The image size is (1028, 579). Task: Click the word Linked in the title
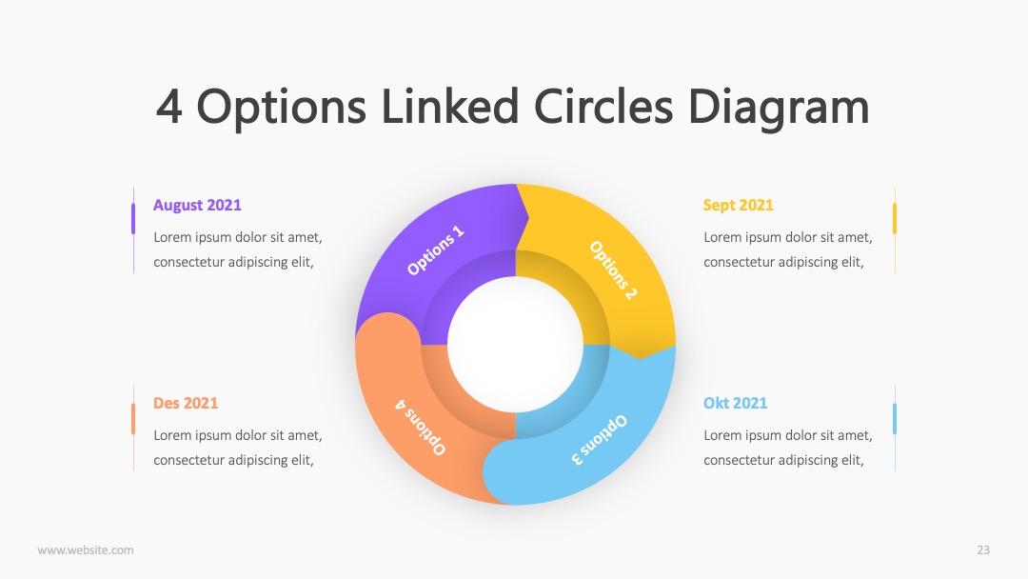pos(449,107)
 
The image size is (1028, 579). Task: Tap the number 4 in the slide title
pos(169,107)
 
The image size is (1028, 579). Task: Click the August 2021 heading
pos(197,206)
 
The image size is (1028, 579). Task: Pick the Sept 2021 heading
pos(739,206)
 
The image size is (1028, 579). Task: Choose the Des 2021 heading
pos(186,403)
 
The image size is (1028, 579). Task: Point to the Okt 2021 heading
pos(735,403)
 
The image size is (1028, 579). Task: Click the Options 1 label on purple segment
pos(436,250)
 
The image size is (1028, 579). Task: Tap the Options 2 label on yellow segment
pos(612,270)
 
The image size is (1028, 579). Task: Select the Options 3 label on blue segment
pos(600,440)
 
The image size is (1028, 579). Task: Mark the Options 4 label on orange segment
pos(421,427)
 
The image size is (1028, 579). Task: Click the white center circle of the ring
pos(515,344)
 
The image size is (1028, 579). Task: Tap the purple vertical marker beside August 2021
pos(133,218)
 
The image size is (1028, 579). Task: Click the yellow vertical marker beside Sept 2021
pos(894,218)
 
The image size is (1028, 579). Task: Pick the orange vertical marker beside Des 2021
pos(133,418)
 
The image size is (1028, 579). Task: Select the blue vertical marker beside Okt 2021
pos(894,418)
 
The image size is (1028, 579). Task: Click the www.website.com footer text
pos(86,550)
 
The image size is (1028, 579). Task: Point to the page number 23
pos(983,550)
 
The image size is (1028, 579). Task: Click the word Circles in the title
pos(603,107)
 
